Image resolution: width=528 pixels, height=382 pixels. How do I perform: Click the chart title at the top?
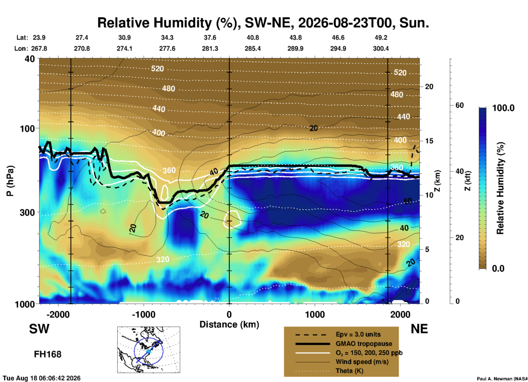click(263, 23)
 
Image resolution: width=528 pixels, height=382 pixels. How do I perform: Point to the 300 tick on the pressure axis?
click(27, 212)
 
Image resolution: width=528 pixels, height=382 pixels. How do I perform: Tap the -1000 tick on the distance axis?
click(144, 314)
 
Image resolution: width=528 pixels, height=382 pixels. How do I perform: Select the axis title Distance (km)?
click(229, 324)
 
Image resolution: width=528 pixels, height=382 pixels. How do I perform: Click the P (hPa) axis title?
click(10, 181)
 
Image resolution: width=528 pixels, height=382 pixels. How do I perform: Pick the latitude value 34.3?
click(167, 38)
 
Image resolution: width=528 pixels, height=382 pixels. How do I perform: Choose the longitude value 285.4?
click(253, 49)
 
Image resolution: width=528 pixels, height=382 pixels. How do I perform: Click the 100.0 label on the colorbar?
click(503, 108)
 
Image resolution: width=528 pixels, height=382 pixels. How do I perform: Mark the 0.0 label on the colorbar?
click(498, 268)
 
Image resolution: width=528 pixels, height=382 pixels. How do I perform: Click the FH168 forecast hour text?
click(48, 354)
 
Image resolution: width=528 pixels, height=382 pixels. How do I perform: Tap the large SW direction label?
click(39, 329)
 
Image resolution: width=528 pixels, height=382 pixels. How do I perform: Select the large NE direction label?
click(419, 329)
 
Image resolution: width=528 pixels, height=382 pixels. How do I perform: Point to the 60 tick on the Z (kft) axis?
click(459, 105)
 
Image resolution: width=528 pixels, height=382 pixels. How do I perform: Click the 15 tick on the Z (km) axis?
click(429, 141)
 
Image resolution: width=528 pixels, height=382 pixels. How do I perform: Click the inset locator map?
click(149, 350)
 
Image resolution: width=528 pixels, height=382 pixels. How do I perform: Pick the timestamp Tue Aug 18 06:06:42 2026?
click(42, 378)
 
